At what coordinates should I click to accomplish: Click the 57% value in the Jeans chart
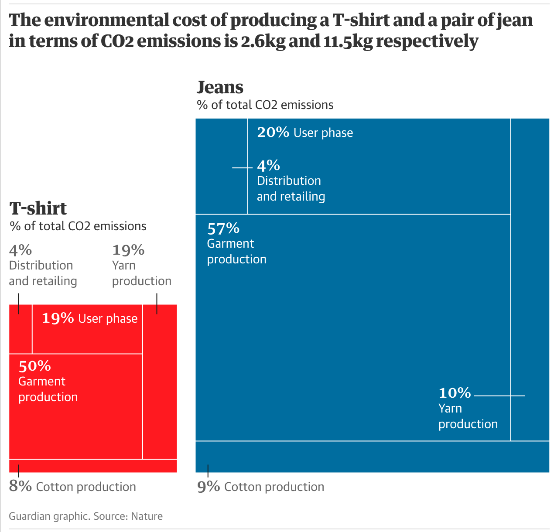pyautogui.click(x=223, y=228)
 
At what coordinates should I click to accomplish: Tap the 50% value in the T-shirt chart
pyautogui.click(x=34, y=366)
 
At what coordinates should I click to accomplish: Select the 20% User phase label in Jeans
pyautogui.click(x=305, y=133)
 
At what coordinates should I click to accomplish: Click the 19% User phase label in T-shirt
pyautogui.click(x=89, y=318)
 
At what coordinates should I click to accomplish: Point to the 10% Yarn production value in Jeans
pyautogui.click(x=455, y=393)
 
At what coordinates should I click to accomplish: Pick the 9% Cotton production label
pyautogui.click(x=260, y=487)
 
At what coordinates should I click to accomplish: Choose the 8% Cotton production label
pyautogui.click(x=72, y=487)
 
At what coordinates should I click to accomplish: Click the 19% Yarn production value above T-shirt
pyautogui.click(x=128, y=250)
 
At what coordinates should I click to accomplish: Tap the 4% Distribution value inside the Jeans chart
pyautogui.click(x=268, y=166)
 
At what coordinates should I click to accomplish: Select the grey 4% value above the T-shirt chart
pyautogui.click(x=21, y=250)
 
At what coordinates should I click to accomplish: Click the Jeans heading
pyautogui.click(x=220, y=87)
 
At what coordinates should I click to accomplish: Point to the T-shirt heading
pyautogui.click(x=38, y=208)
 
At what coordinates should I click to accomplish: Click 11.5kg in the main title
pyautogui.click(x=348, y=41)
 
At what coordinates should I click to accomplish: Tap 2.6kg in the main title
pyautogui.click(x=263, y=41)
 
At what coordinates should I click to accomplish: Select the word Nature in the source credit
pyautogui.click(x=147, y=516)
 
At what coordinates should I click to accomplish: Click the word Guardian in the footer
pyautogui.click(x=30, y=516)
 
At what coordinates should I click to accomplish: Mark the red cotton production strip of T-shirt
pyautogui.click(x=93, y=466)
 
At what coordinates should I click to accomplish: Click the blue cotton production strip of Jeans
pyautogui.click(x=372, y=457)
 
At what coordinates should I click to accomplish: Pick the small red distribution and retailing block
pyautogui.click(x=21, y=329)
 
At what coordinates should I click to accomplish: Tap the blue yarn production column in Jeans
pyautogui.click(x=530, y=279)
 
